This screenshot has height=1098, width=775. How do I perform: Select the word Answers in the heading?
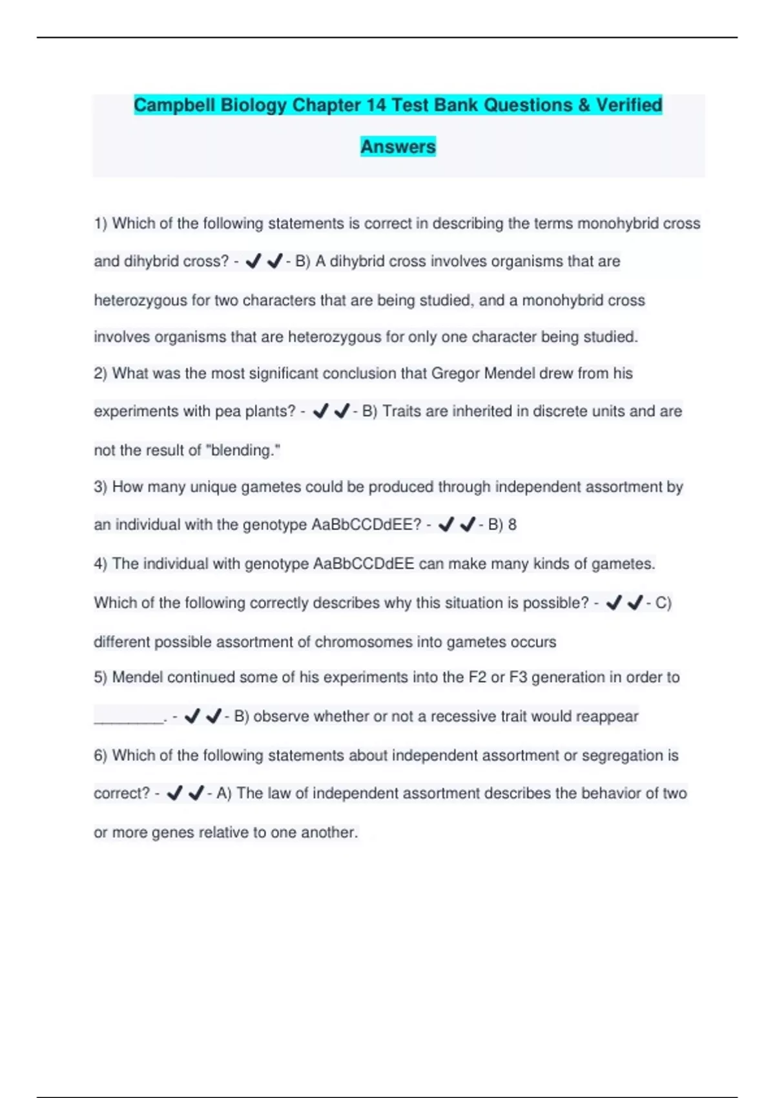tap(398, 147)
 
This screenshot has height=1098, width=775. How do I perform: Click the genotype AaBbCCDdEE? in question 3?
tap(366, 524)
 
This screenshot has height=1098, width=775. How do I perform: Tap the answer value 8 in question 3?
tap(512, 524)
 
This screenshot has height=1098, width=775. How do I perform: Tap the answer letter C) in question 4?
tap(663, 603)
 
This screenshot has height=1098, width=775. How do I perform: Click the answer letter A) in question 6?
tap(223, 793)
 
